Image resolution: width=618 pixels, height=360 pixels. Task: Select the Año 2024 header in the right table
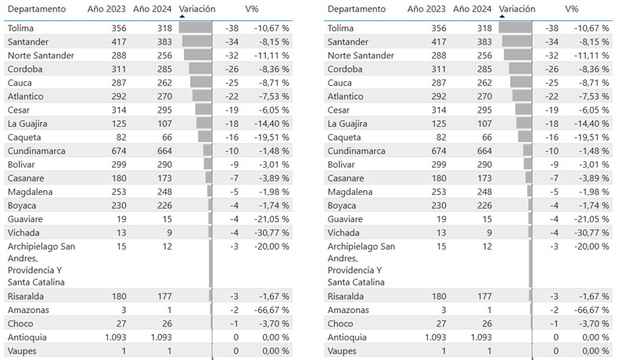click(472, 9)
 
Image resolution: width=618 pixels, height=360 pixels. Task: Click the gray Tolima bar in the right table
click(515, 28)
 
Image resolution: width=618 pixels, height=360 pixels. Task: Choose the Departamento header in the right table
click(357, 9)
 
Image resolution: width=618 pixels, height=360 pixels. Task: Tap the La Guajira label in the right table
click(349, 123)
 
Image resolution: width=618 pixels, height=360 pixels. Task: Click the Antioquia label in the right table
click(350, 337)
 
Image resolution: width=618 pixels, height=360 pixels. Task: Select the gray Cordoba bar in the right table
click(519, 69)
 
